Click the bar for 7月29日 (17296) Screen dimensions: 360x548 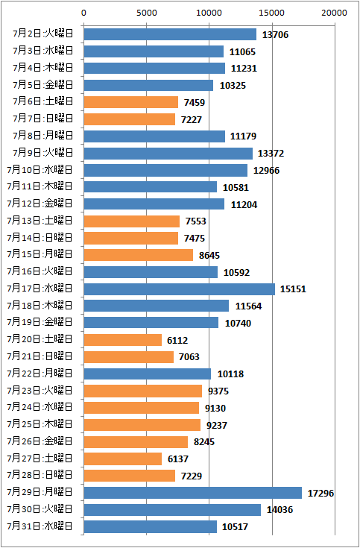[x=192, y=493]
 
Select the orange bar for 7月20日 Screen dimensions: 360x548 [x=123, y=340]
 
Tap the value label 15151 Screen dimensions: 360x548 [x=293, y=289]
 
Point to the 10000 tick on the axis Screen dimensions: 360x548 [x=209, y=24]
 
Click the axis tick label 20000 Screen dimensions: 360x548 [x=335, y=13]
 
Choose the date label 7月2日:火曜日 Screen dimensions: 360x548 [x=43, y=34]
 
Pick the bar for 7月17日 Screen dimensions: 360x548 [x=180, y=289]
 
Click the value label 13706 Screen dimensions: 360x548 [x=276, y=34]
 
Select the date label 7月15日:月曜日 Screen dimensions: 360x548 [x=40, y=254]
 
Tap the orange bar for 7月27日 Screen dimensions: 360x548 [x=123, y=459]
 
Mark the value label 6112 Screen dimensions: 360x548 [x=177, y=341]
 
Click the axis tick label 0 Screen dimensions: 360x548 [x=83, y=13]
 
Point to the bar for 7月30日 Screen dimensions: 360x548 [x=172, y=510]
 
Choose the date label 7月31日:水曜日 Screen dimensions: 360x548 [x=40, y=526]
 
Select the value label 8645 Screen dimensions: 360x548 [x=209, y=256]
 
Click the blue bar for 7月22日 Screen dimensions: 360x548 [x=148, y=374]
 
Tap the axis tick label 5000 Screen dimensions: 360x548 [x=146, y=13]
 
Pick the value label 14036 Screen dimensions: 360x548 [x=280, y=510]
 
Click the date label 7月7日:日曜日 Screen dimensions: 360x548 [x=43, y=119]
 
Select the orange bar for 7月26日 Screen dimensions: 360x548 [x=136, y=441]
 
